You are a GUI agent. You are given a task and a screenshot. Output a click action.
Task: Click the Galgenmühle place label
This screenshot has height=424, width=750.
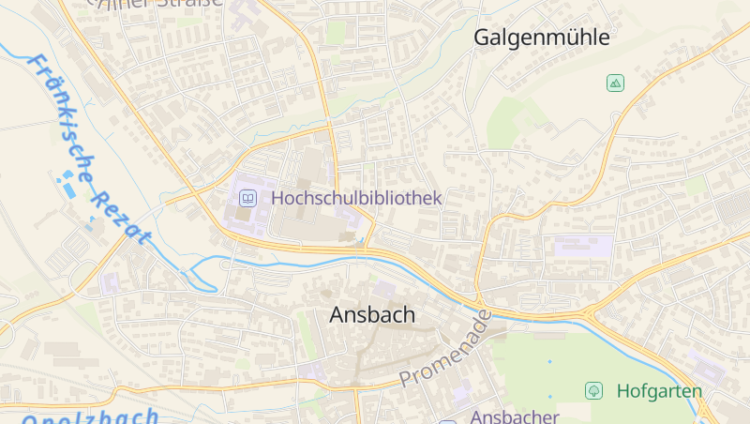[x=541, y=38]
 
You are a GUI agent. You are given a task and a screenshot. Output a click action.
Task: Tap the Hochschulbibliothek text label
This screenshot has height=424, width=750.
[x=355, y=198]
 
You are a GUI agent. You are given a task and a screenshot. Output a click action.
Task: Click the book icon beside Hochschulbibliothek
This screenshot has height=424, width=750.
[x=247, y=198]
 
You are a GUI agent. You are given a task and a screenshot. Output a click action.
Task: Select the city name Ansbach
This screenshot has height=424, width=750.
[x=372, y=315]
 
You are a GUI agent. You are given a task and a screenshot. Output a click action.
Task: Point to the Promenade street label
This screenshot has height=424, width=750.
[x=445, y=348]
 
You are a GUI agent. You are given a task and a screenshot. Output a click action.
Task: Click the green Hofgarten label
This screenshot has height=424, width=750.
[x=659, y=390]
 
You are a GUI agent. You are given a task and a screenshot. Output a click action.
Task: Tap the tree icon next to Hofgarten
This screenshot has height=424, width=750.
[x=592, y=389]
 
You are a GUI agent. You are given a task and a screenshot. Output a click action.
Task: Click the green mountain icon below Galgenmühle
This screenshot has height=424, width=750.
[x=614, y=83]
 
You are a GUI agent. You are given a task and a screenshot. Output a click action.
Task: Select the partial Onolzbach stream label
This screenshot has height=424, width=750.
[x=89, y=416]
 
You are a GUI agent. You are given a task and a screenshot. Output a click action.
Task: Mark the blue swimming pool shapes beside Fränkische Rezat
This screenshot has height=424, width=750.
[x=67, y=184]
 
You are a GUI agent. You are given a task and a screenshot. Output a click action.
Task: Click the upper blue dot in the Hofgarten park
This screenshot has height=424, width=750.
[x=549, y=361]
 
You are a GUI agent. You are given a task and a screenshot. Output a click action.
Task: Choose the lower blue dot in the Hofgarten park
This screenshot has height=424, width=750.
[x=550, y=397]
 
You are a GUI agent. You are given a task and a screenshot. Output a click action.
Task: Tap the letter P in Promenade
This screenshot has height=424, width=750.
[x=407, y=379]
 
